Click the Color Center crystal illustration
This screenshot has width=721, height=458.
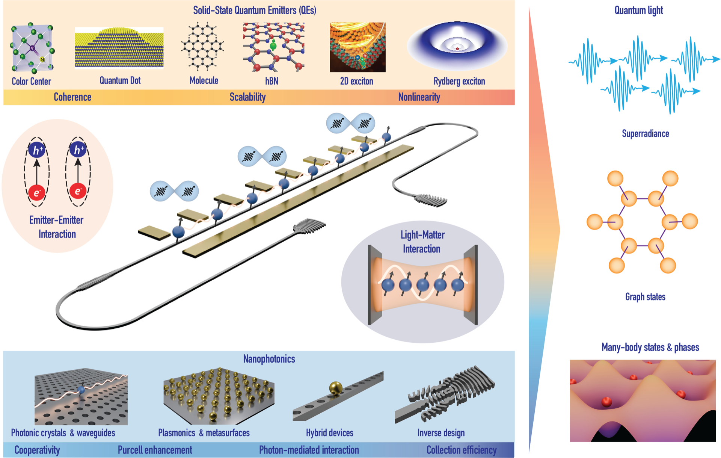32,48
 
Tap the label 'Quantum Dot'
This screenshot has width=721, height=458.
120,80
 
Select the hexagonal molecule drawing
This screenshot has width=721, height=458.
203,46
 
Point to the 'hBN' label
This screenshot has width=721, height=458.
272,81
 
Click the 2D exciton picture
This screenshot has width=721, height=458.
357,47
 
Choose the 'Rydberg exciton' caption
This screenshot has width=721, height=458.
459,81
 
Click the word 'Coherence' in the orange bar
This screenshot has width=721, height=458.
72,97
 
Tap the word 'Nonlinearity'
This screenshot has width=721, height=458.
419,97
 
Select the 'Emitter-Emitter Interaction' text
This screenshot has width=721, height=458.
57,227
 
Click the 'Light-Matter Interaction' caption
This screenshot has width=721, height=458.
422,242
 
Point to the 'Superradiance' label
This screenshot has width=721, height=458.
645,134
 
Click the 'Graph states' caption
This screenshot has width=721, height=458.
645,297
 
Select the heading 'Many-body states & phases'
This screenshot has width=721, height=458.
650,347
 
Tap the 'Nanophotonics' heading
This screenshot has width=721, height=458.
269,359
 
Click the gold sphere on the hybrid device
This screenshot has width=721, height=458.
336,388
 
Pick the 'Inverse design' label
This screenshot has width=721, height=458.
441,433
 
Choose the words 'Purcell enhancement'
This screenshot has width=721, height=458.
155,450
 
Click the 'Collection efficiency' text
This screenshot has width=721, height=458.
462,450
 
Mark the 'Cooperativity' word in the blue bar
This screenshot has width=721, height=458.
37,450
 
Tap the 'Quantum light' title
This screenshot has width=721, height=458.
638,10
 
